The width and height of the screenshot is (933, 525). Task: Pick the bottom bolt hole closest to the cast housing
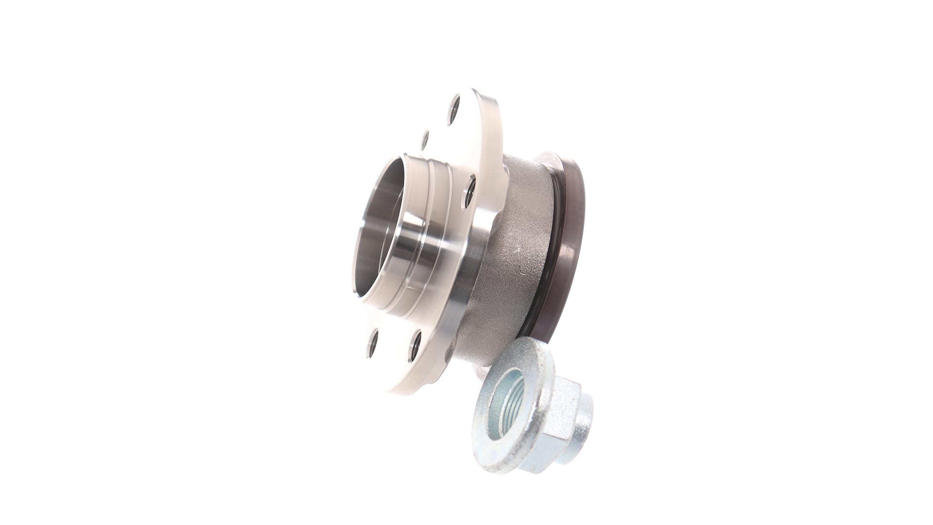416,346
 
